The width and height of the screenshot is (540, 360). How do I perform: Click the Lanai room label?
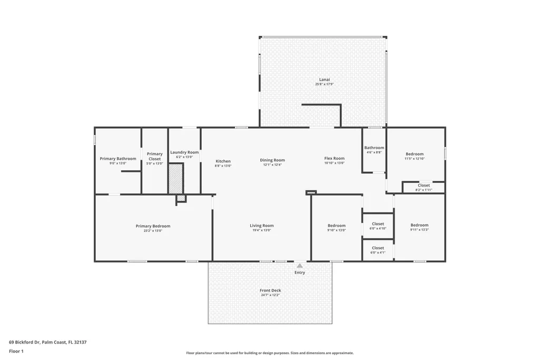click(x=325, y=80)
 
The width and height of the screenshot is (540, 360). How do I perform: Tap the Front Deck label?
click(x=270, y=290)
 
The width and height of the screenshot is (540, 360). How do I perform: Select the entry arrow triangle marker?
click(x=300, y=266)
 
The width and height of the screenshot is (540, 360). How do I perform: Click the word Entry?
click(x=300, y=273)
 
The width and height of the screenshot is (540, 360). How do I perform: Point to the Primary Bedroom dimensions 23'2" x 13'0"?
click(x=153, y=231)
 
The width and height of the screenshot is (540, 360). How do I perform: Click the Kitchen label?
click(x=223, y=161)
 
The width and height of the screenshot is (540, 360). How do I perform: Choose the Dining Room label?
click(x=272, y=160)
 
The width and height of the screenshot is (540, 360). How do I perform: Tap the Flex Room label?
click(x=335, y=159)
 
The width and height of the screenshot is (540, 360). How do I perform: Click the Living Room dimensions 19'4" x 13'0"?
click(x=262, y=230)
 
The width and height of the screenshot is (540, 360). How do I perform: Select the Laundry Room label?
click(x=184, y=152)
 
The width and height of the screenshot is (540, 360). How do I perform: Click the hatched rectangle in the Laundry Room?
click(x=175, y=179)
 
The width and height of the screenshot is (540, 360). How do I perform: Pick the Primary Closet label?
click(x=155, y=157)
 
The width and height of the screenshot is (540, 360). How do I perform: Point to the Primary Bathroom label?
click(x=118, y=159)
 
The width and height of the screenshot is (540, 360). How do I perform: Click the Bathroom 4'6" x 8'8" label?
click(x=375, y=150)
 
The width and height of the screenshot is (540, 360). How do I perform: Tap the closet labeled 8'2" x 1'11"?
click(x=424, y=188)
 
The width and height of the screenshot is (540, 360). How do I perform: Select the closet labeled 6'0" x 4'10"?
click(x=378, y=226)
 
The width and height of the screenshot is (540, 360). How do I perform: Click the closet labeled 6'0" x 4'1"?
click(x=378, y=250)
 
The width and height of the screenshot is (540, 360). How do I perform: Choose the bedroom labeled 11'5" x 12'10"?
click(x=415, y=156)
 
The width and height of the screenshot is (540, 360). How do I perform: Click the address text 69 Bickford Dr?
click(x=25, y=343)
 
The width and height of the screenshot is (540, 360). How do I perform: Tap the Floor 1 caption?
click(x=16, y=352)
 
